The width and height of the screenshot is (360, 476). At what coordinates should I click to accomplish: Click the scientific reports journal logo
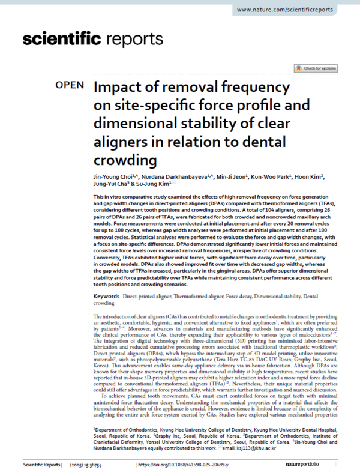[x=92, y=40]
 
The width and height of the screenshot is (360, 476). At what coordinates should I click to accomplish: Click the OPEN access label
[x=70, y=85]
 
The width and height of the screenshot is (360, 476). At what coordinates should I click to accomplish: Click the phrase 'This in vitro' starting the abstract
[x=108, y=197]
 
